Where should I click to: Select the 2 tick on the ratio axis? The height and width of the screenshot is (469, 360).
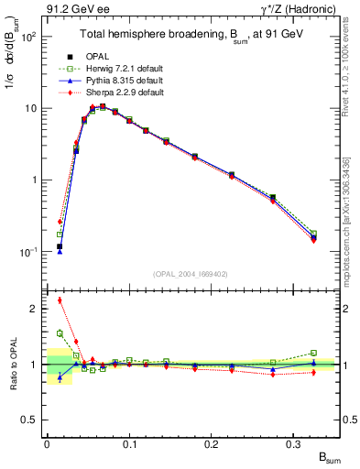pos(34,309)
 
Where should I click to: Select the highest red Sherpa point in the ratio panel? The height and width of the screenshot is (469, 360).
pos(60,300)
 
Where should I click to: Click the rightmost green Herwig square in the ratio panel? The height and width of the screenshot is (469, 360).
pos(313,353)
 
